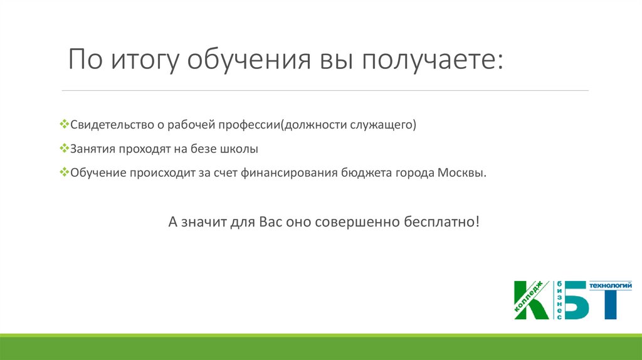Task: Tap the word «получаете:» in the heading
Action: pyautogui.click(x=433, y=60)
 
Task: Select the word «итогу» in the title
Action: pyautogui.click(x=145, y=60)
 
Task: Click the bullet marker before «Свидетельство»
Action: pyautogui.click(x=65, y=124)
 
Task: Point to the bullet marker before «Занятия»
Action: pyautogui.click(x=65, y=148)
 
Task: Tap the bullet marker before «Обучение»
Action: pyautogui.click(x=65, y=172)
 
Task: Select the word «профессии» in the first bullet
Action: pyautogui.click(x=249, y=125)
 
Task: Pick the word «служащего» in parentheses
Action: pyautogui.click(x=383, y=125)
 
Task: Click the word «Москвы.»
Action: pyautogui.click(x=462, y=173)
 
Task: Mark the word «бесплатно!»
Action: pyautogui.click(x=441, y=222)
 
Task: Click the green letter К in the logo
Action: pyautogui.click(x=532, y=300)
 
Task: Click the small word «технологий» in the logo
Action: pyautogui.click(x=610, y=285)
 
